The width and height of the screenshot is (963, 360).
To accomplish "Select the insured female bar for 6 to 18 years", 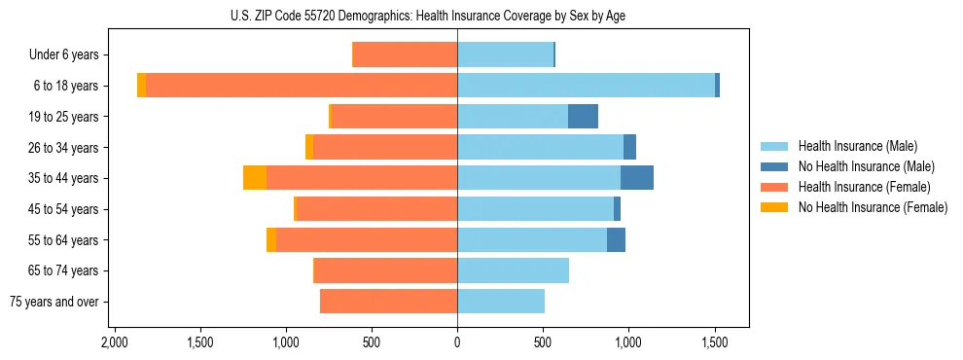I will (302, 86).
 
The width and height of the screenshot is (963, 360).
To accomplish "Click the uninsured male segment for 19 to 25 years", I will (583, 117).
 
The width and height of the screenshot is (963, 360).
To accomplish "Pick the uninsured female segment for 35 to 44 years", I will (255, 178).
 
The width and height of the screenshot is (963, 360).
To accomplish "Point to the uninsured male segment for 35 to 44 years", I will (637, 178).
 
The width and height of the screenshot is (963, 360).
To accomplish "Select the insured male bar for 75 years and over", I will (501, 302).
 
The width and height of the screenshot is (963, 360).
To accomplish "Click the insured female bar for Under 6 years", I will (405, 55).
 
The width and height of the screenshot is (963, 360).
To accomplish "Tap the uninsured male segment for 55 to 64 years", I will (616, 240).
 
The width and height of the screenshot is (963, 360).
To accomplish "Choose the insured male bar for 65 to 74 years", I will (513, 270).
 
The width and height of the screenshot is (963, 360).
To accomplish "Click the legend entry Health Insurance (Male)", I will (857, 146).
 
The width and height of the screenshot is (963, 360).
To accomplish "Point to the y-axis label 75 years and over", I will (54, 302).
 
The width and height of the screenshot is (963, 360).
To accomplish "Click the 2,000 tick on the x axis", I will (115, 342).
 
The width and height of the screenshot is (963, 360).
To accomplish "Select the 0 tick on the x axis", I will (457, 342).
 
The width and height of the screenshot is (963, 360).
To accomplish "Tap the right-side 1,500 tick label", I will (715, 342).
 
